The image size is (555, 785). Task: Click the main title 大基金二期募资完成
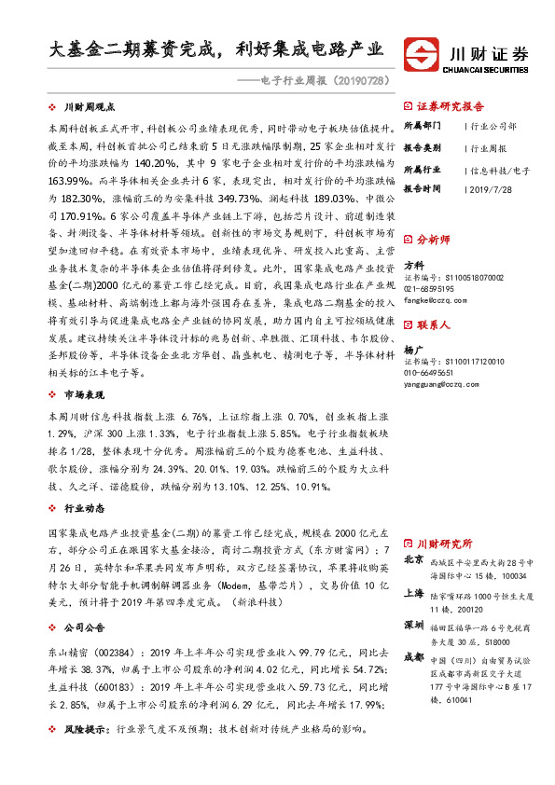[134, 48]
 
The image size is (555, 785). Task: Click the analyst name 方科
[413, 264]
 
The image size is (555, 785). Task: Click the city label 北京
[415, 560]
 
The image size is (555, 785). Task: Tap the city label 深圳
[415, 624]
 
